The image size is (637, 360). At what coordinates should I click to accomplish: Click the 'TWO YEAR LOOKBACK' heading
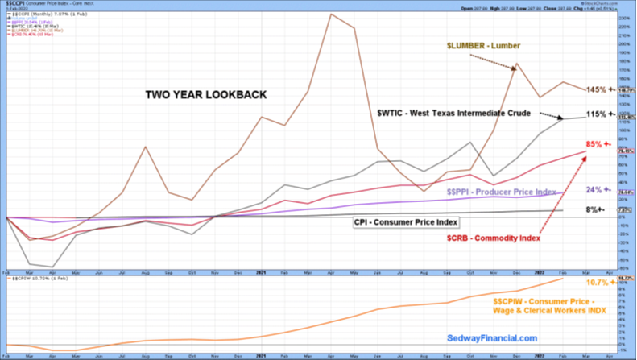tap(205, 95)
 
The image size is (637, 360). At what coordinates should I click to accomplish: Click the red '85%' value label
tap(595, 144)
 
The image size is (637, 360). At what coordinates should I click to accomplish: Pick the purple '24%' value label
tap(594, 190)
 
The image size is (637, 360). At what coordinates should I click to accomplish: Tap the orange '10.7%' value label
tap(594, 283)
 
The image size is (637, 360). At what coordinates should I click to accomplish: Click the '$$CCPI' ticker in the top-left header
tap(15, 4)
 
